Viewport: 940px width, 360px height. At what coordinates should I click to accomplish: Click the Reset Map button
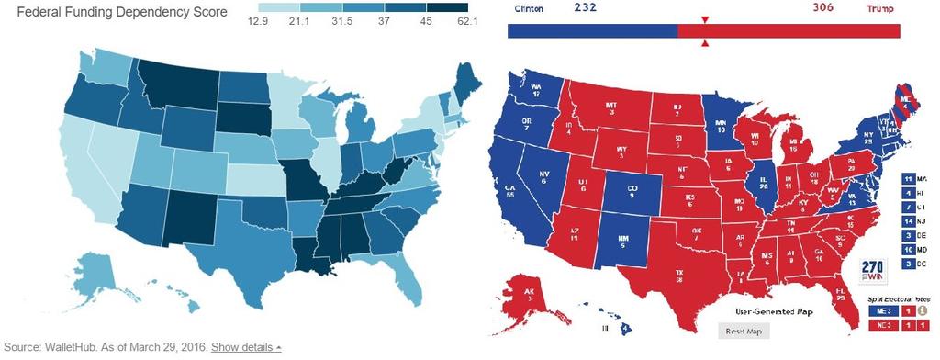point(743,331)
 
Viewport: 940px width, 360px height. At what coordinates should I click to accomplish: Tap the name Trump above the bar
point(881,8)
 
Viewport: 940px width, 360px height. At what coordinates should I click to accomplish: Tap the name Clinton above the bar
point(523,8)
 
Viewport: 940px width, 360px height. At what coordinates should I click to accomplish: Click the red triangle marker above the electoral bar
point(704,19)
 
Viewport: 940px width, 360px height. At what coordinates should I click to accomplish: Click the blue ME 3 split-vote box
point(880,310)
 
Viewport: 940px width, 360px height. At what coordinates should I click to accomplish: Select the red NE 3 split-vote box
point(880,326)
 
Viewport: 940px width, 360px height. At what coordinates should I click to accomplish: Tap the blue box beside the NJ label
point(907,222)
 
